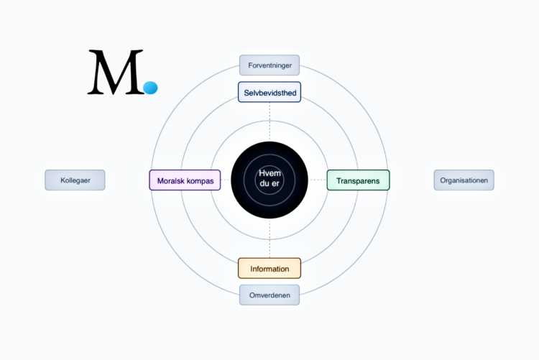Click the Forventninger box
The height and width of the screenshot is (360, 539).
pos(269,65)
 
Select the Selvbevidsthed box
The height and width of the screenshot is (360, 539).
pos(269,92)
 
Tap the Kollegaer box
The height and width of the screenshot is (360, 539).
pos(75,180)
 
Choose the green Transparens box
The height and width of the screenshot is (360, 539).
pos(358,180)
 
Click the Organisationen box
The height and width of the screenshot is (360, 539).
pos(464,180)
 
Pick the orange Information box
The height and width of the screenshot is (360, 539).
pos(269,269)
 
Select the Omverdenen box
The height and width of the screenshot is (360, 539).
pos(269,295)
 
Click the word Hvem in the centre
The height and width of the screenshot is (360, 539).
pos(269,174)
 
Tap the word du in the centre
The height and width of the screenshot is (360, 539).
pos(264,185)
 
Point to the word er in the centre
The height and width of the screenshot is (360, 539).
pos(276,185)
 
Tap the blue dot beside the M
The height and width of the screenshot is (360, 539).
pos(150,88)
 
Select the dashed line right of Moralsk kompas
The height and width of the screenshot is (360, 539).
pos(226,180)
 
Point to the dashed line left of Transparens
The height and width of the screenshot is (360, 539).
pos(318,180)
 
